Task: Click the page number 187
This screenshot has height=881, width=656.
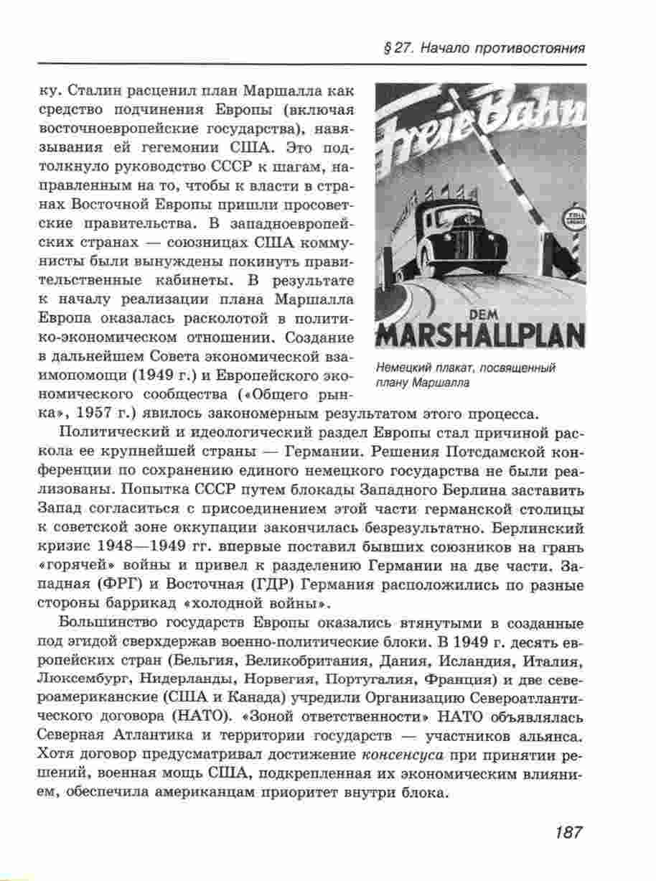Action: (x=567, y=832)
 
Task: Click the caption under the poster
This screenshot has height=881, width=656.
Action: (x=466, y=375)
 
